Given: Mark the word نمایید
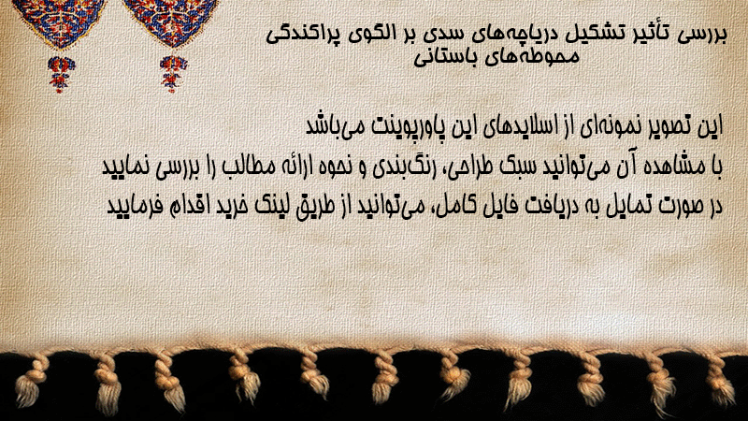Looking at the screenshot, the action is coord(126,167).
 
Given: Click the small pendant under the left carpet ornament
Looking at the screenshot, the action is coord(60,74).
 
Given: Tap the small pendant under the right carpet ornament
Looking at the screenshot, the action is coord(173,74).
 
